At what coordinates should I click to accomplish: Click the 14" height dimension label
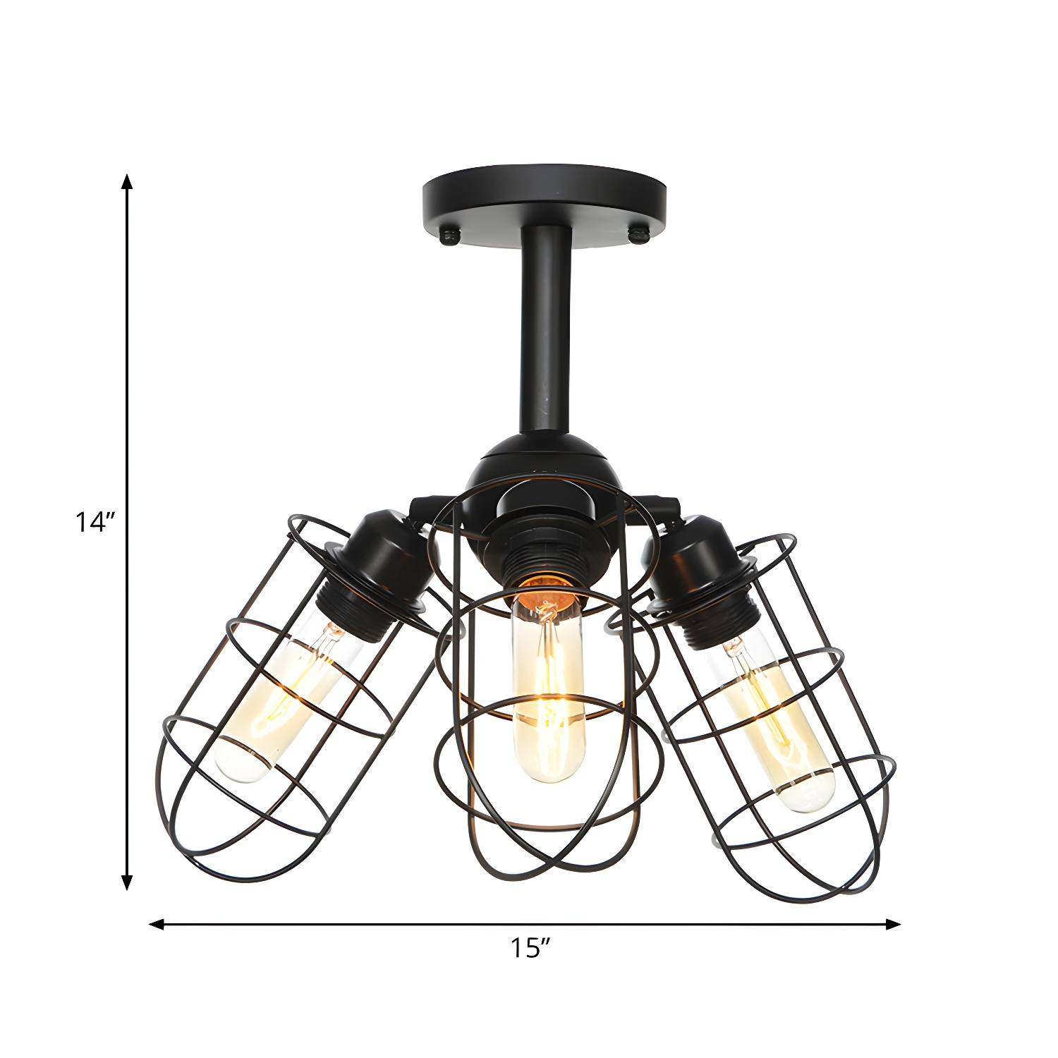tap(95, 523)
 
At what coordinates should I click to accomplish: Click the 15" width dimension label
tap(530, 948)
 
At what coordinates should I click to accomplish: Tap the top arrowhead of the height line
tap(127, 181)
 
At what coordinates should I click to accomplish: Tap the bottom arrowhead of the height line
tap(127, 882)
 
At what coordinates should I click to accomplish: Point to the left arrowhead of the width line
tap(157, 923)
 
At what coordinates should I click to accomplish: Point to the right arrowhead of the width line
tap(894, 923)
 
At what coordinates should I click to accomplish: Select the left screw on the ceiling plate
tap(449, 236)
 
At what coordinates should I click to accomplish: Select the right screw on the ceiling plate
tap(641, 236)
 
